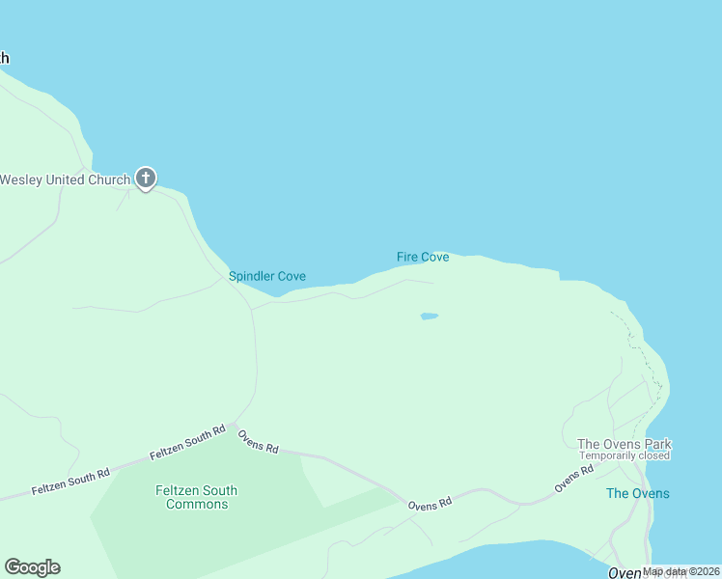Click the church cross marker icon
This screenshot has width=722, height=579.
[x=146, y=178]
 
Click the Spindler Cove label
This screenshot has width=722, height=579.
[x=267, y=276]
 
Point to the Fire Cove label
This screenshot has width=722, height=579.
[x=423, y=257]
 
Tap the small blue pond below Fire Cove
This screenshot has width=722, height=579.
[x=430, y=316]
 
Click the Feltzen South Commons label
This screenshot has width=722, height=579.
[x=197, y=497]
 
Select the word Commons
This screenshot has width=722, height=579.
[x=197, y=504]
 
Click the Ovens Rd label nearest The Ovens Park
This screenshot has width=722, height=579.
[x=573, y=479]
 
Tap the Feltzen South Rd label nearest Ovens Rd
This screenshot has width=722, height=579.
[x=187, y=442]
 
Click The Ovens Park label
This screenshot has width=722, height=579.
[x=625, y=445]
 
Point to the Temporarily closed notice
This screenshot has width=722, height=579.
[x=625, y=455]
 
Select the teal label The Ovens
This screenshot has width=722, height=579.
[x=637, y=493]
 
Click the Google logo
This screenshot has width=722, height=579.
[x=32, y=567]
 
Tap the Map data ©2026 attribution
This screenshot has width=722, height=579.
[x=680, y=571]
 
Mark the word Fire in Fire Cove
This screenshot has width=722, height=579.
[x=406, y=257]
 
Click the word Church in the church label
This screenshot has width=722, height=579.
[x=108, y=179]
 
